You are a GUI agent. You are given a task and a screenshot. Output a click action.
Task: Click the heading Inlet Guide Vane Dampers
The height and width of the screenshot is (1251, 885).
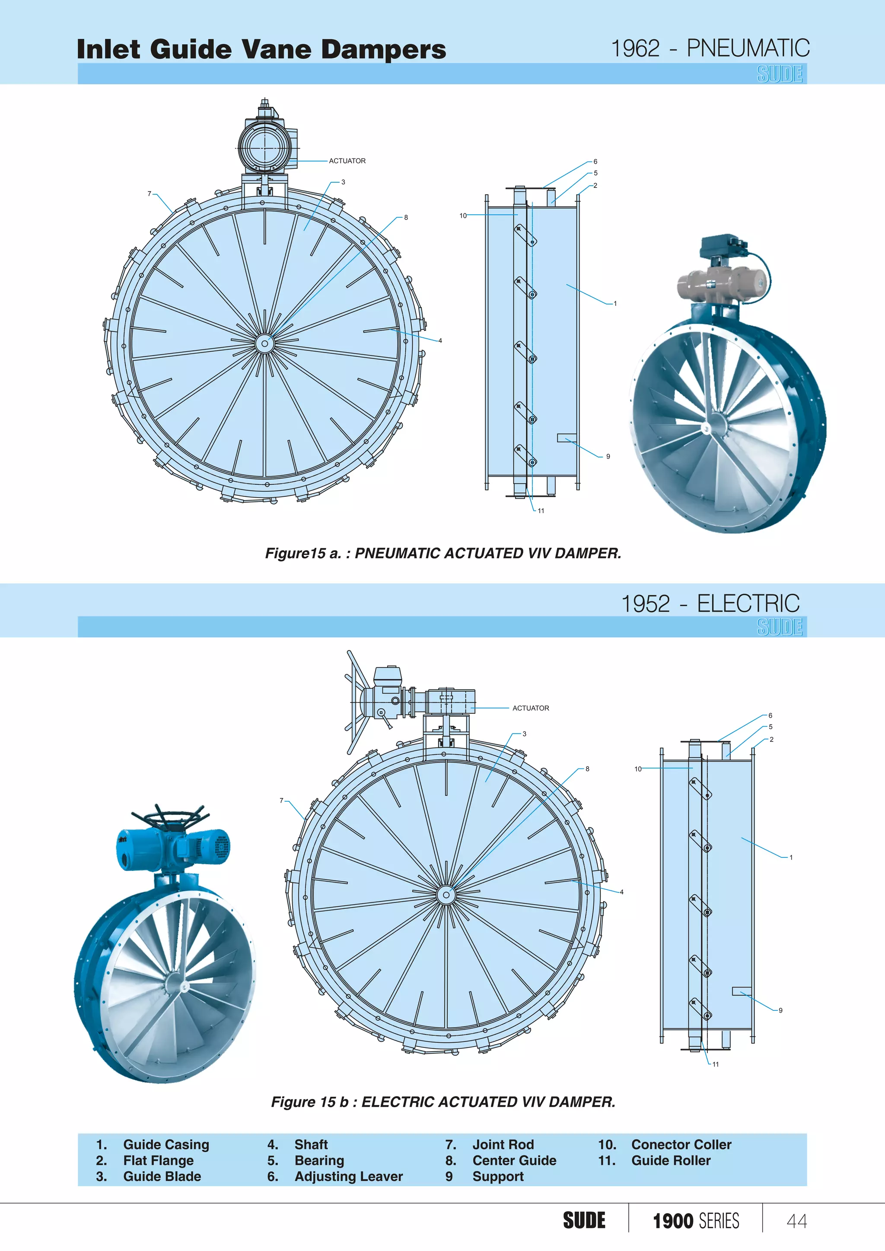pos(261,49)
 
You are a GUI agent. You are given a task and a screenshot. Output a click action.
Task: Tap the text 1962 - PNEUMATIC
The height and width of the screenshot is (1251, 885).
pos(710,48)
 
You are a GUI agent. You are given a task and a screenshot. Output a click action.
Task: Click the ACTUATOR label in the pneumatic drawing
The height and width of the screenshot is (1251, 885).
pos(347,161)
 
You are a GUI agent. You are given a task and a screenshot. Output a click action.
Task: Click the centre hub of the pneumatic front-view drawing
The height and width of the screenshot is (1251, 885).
pos(265,343)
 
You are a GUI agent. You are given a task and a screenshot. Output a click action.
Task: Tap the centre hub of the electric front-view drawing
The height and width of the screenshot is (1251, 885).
pos(446,895)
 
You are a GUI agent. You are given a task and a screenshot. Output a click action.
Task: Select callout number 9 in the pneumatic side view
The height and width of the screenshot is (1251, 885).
pos(608,457)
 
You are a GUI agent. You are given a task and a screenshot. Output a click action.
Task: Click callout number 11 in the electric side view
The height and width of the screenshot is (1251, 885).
pos(716,1064)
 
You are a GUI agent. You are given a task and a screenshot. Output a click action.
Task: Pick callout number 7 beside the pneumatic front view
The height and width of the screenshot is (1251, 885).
pos(150,194)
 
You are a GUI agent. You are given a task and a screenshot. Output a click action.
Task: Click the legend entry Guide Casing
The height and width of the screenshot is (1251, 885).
pos(166,1145)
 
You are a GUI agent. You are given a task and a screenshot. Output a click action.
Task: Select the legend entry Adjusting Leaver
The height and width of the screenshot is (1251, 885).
pos(348,1176)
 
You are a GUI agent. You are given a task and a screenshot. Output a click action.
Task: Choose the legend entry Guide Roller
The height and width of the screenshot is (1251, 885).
pos(670,1161)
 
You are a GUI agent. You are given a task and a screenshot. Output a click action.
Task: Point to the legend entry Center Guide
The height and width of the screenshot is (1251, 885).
pos(514,1161)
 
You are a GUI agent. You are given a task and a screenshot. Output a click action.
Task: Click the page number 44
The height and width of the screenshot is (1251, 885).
pos(796,1221)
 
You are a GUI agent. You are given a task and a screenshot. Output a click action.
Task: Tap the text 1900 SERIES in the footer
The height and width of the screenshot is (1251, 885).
pos(695,1221)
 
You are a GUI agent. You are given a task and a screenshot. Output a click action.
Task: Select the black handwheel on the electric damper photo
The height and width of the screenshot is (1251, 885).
pos(169,816)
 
